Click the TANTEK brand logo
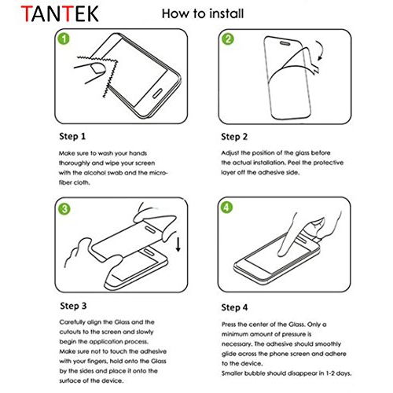(x=49, y=15)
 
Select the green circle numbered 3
(x=64, y=208)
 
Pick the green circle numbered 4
(x=228, y=208)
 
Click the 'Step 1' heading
(x=74, y=135)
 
